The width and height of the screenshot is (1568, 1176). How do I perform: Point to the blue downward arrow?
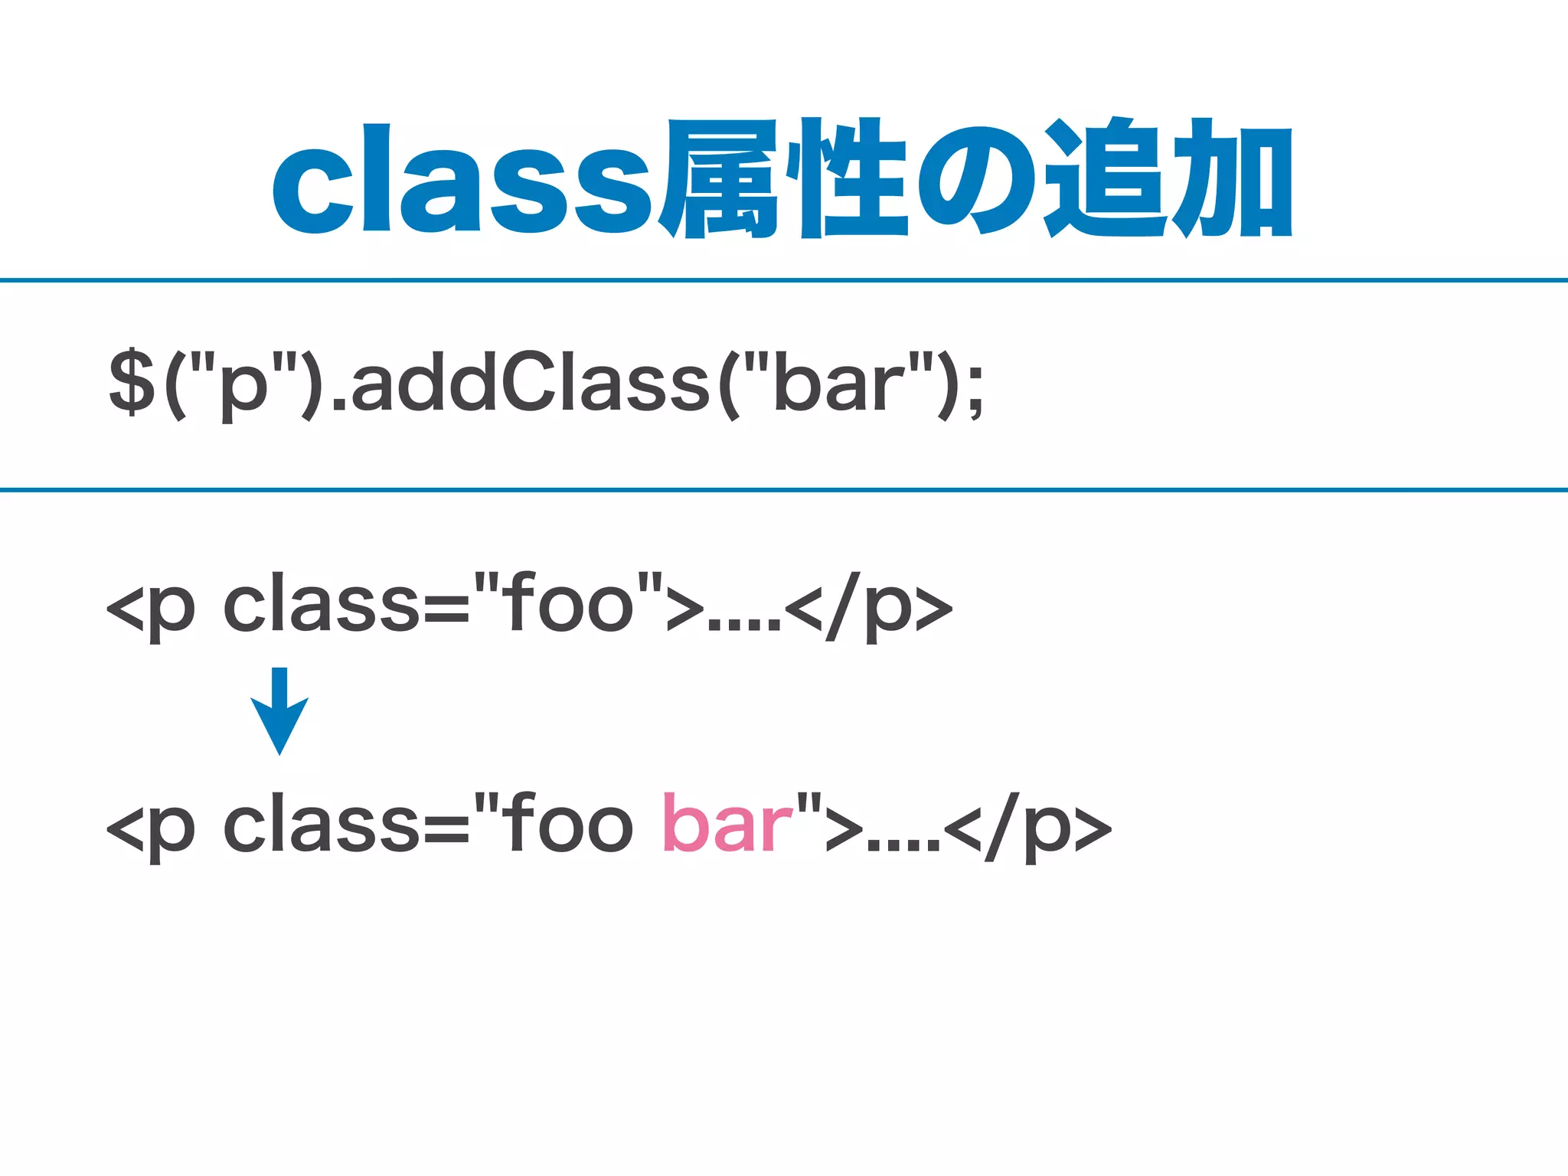point(279,712)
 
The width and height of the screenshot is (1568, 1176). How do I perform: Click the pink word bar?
point(727,824)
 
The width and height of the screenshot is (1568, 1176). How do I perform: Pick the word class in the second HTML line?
point(322,824)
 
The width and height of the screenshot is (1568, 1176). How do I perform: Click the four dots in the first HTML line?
point(743,624)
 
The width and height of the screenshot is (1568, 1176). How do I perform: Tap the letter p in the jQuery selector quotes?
point(243,387)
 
